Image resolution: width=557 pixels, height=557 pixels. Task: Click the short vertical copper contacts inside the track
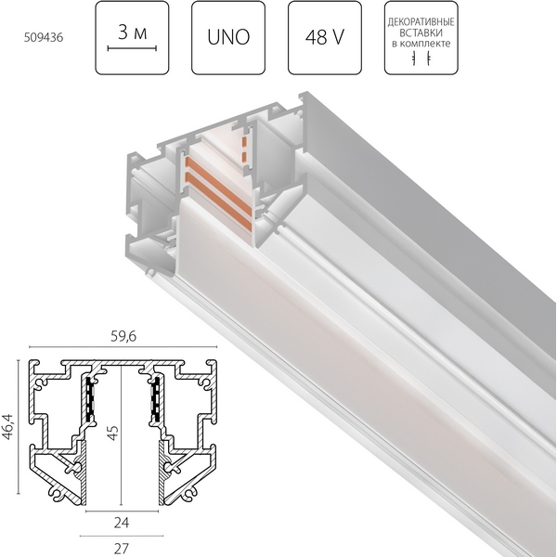[x=245, y=153]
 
